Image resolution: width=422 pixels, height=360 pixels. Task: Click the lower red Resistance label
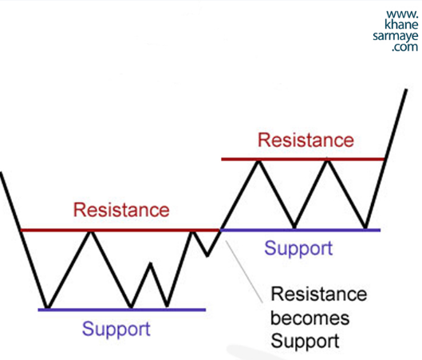coord(121,210)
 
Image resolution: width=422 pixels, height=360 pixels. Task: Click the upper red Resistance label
coord(306,140)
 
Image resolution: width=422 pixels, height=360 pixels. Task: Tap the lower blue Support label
coord(116,330)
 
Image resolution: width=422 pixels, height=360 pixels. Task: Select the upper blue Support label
coord(298,248)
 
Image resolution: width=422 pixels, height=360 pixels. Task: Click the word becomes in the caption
coord(310,318)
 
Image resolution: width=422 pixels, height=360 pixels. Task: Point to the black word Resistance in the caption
coord(318,294)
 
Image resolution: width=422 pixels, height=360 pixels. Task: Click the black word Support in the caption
coord(305,341)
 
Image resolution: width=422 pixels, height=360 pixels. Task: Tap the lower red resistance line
coord(120,230)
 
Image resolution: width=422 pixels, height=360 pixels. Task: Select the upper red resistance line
coord(304,159)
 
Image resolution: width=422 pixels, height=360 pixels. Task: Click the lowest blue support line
coord(122,310)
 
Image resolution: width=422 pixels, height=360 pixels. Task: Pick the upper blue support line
coord(300,230)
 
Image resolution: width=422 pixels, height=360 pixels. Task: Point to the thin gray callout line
coord(244,271)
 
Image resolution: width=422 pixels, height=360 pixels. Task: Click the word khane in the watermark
coord(401,24)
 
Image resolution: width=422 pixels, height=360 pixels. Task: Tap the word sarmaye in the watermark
coord(396,36)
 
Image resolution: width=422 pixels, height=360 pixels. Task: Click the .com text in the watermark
coord(404,47)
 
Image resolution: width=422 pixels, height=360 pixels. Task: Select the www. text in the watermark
coord(402,14)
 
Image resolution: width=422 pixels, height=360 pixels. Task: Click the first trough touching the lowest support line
coord(48,307)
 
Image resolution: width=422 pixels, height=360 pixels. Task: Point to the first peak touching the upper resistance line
coord(258,160)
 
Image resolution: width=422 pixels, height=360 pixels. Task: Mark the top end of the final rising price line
coord(406,89)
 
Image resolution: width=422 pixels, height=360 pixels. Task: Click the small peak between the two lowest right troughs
coord(151,263)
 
